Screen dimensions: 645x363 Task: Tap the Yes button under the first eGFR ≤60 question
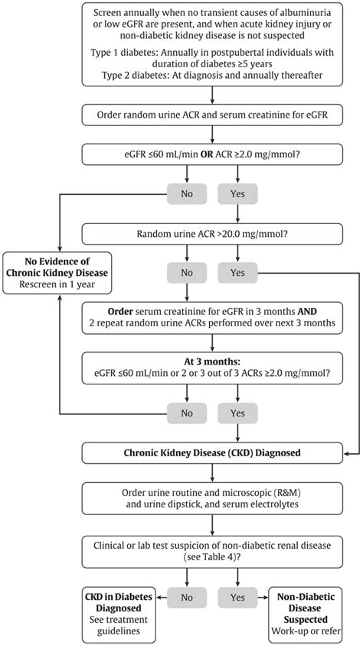coord(237,193)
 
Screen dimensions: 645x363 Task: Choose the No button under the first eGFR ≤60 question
coord(187,193)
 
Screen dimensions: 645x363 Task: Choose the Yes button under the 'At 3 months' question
coord(237,413)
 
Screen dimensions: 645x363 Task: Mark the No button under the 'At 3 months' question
coord(187,413)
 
